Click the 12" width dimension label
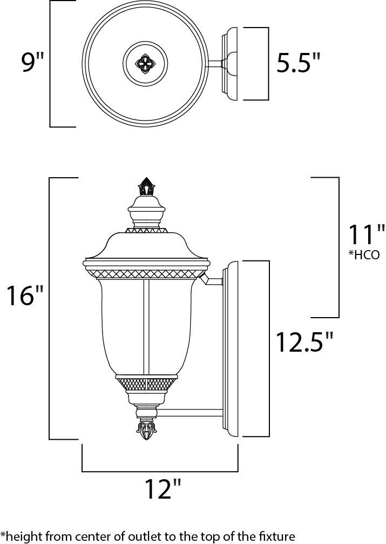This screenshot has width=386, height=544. tap(160, 489)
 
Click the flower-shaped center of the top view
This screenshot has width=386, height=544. tap(144, 64)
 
